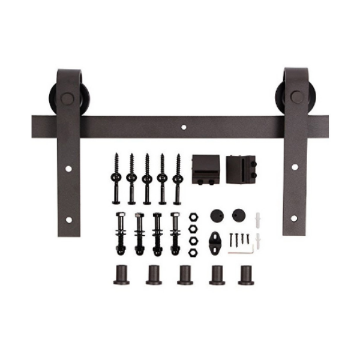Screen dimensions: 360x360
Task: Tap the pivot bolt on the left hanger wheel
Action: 68,98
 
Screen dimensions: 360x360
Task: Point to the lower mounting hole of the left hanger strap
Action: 68,220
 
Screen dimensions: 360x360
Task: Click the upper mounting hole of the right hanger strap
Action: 295,166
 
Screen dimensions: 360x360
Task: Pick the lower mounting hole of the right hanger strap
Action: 295,217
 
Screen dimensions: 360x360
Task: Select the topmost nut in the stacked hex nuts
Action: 193,217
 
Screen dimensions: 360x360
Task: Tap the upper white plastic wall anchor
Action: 259,220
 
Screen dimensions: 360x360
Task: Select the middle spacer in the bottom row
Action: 184,274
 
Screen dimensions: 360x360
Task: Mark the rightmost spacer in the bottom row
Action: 245,274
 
